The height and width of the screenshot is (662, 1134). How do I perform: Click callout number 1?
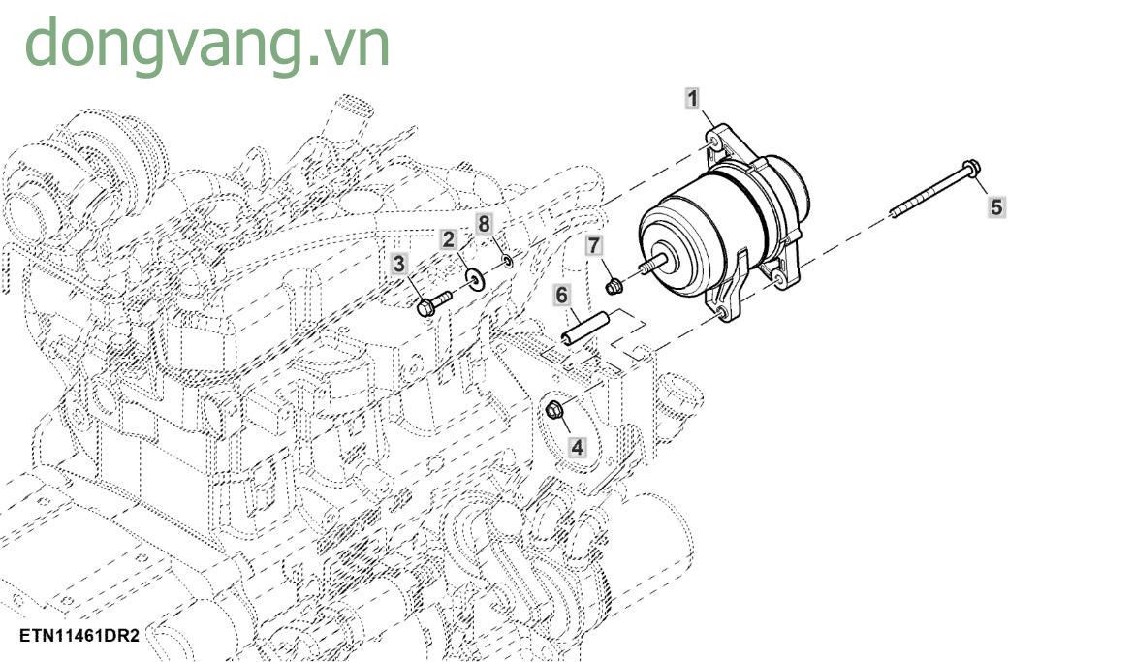point(692,97)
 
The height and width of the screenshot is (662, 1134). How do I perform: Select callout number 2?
point(448,239)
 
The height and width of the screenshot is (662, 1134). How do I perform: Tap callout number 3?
point(399,263)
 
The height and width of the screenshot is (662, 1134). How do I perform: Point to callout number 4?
point(577,447)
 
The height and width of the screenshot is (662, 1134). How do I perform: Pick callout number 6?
point(560,294)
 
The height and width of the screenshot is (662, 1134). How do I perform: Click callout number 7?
point(594,247)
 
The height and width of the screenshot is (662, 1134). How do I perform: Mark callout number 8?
point(484,224)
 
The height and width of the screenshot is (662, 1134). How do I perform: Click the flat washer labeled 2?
point(474,279)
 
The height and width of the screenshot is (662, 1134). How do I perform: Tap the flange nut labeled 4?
point(555,412)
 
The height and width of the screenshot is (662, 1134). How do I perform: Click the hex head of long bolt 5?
point(972,169)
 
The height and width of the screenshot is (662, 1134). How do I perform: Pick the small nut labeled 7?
point(614,285)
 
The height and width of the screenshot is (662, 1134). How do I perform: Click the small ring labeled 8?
point(508,262)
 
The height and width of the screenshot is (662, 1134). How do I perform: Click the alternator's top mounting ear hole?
point(715,141)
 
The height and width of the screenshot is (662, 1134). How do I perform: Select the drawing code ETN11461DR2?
point(79,637)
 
